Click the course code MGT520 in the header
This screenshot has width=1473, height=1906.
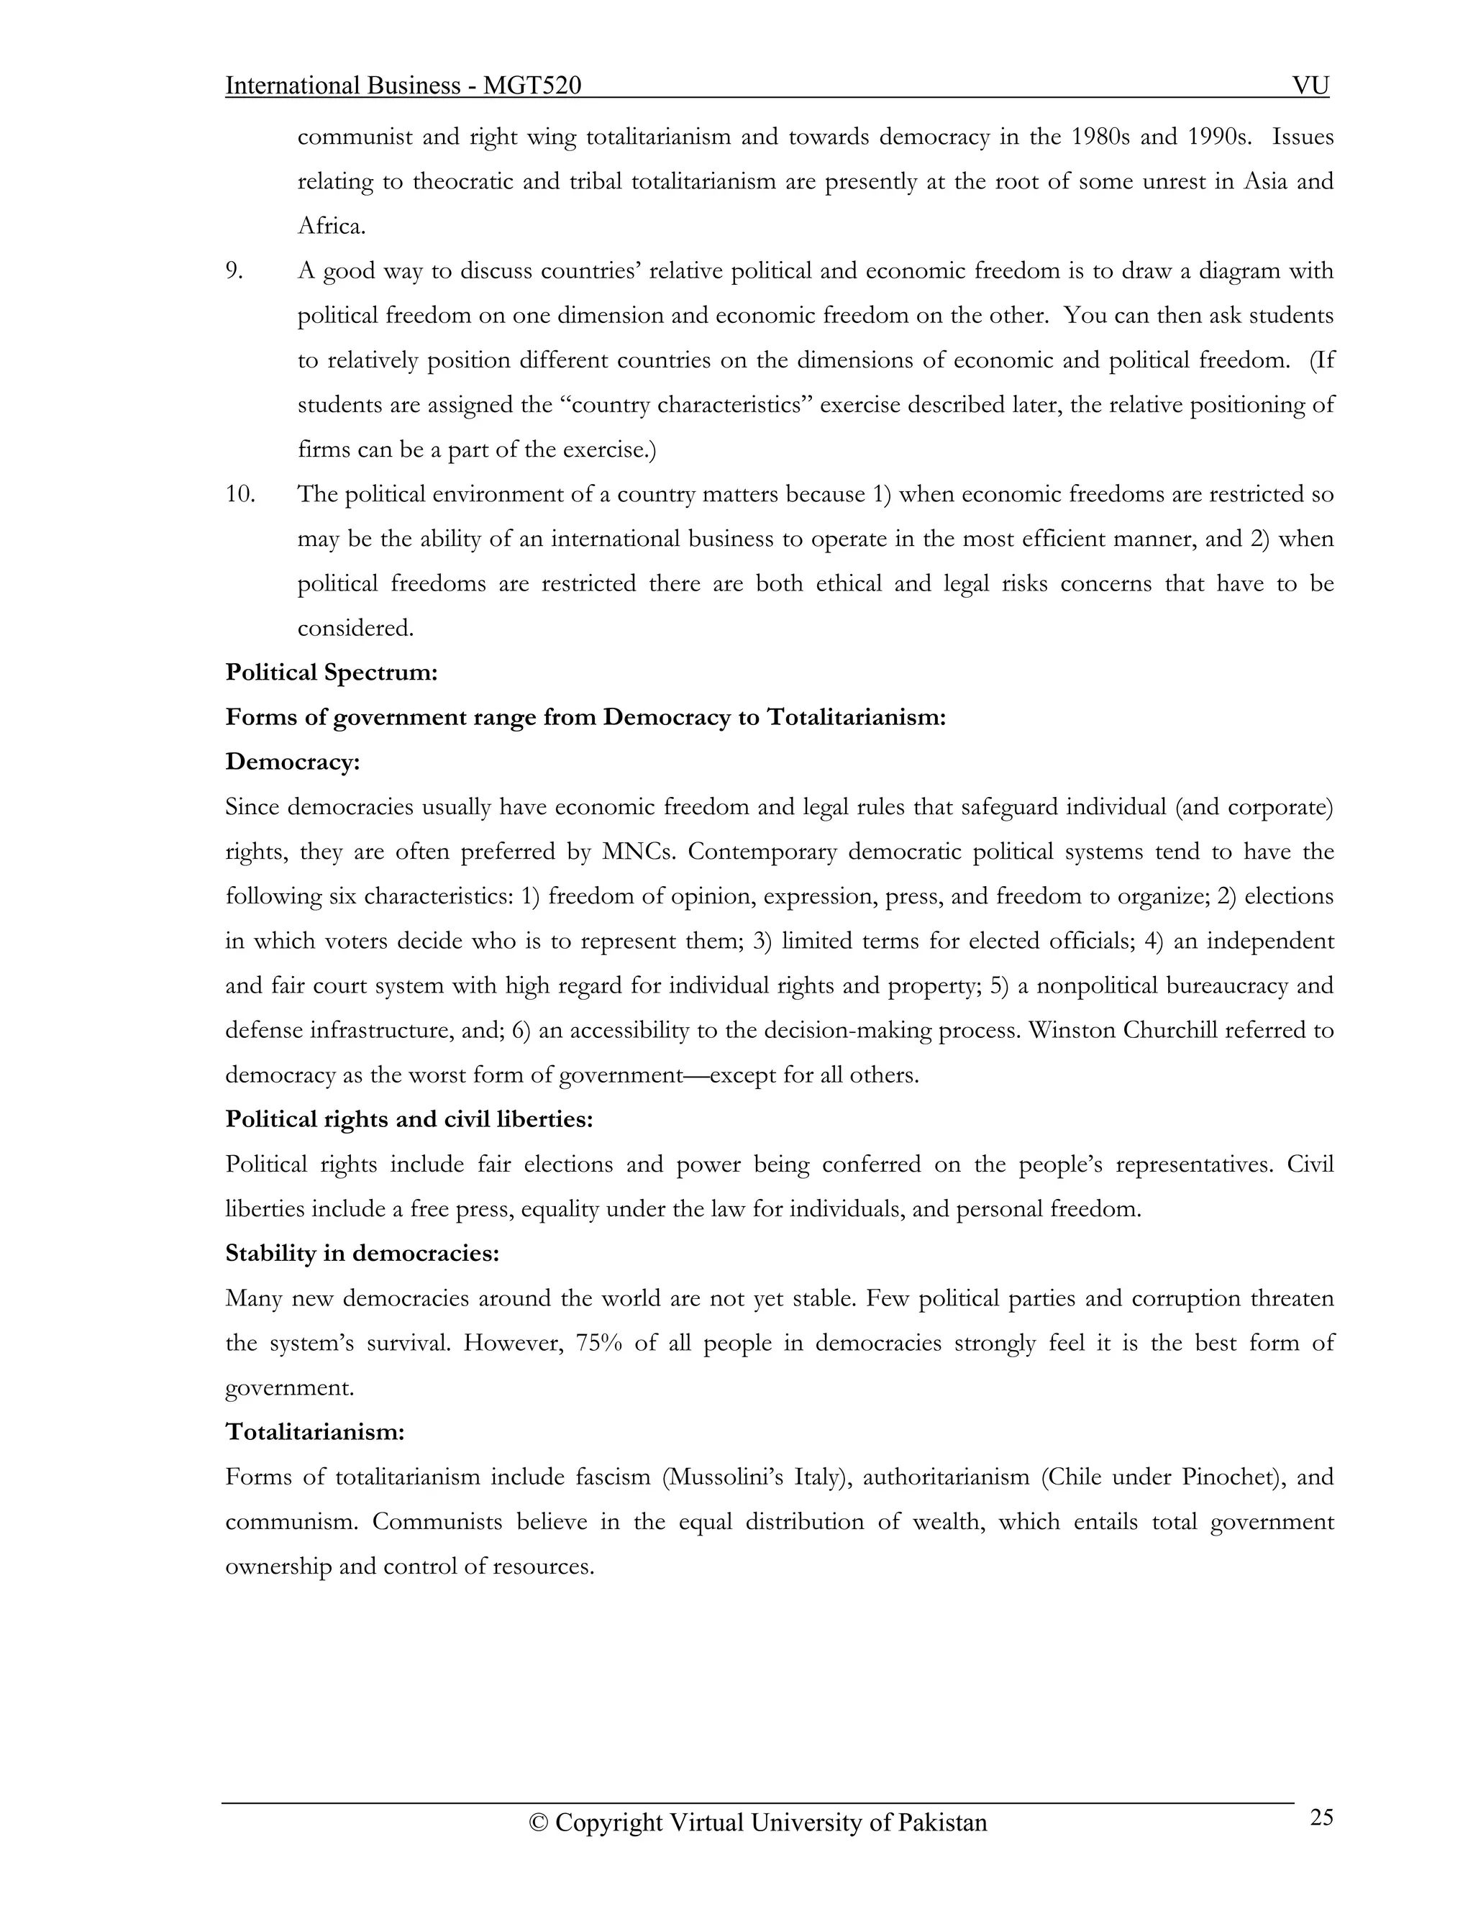click(532, 86)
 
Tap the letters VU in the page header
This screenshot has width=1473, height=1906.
click(1310, 86)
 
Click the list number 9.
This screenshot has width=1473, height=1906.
click(234, 270)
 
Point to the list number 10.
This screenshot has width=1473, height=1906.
click(240, 494)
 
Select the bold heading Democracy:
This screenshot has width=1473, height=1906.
click(292, 762)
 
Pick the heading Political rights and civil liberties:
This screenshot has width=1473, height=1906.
click(409, 1120)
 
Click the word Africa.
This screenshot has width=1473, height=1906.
click(331, 226)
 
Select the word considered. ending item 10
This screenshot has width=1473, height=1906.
click(355, 629)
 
